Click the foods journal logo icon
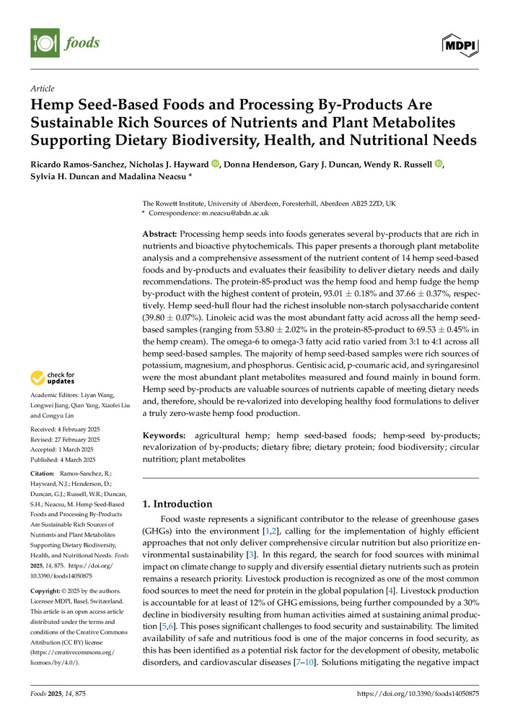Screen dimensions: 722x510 [45, 43]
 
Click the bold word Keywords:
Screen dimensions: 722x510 [163, 436]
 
